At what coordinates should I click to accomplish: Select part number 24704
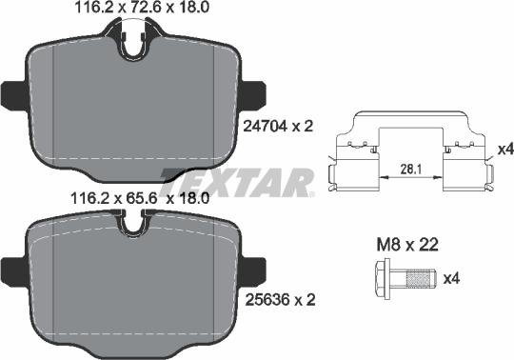coord(264,124)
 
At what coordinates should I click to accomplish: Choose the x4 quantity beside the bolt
coord(454,278)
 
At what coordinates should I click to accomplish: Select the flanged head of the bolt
coord(384,278)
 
